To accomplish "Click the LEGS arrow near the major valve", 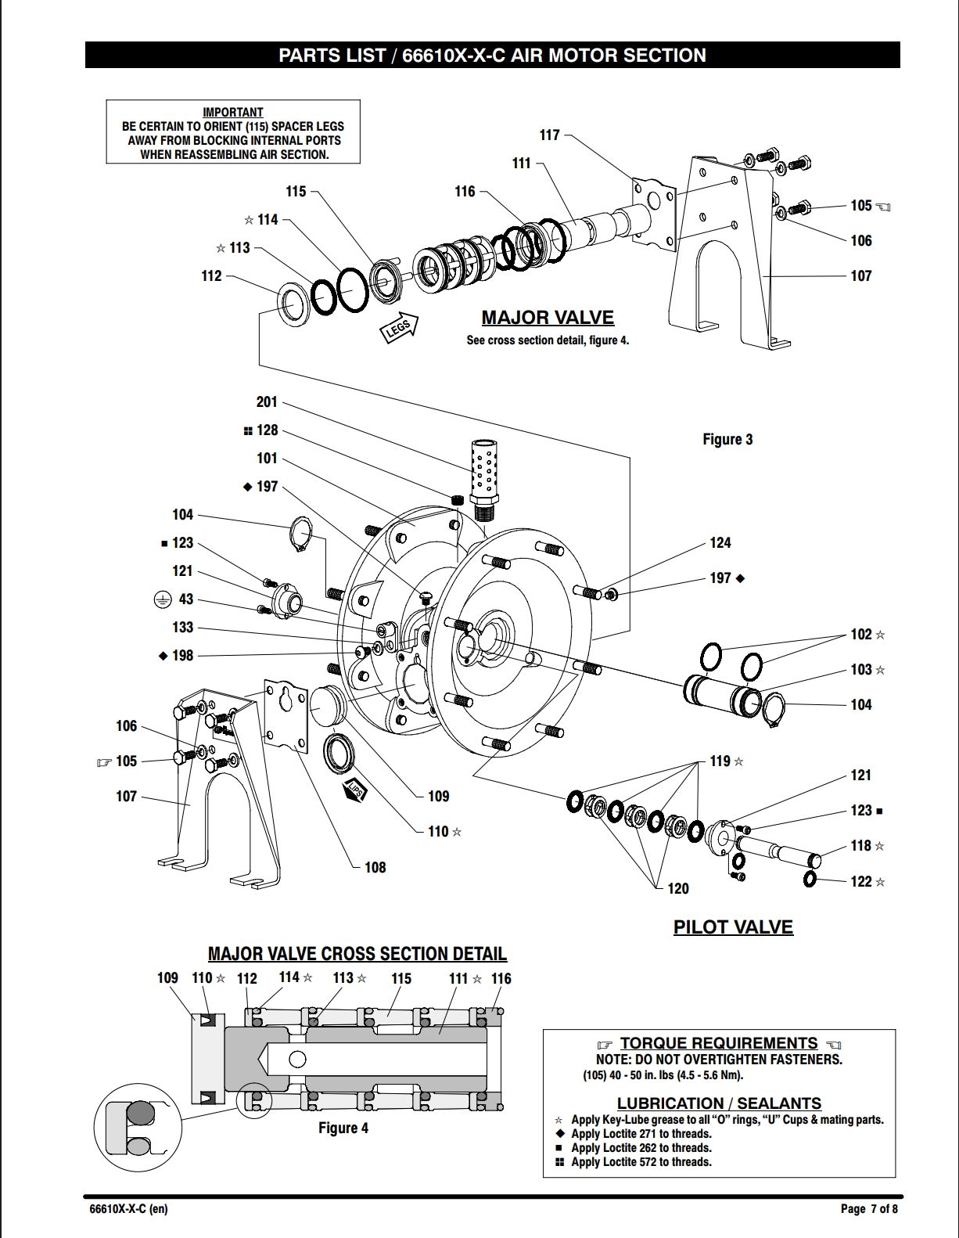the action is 400,328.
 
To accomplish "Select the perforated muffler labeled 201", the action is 484,478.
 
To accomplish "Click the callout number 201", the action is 267,402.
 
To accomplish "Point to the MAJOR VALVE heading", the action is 548,318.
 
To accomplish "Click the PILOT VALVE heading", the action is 733,927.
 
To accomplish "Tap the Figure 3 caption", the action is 727,439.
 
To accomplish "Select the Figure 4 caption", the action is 343,1128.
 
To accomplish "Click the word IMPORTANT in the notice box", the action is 233,112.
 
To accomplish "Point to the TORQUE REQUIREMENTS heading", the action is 719,1043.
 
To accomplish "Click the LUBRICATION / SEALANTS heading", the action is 720,1103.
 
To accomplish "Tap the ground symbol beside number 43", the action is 162,599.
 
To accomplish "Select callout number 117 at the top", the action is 550,135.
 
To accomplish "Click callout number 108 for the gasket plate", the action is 375,868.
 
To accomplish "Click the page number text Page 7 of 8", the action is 869,1207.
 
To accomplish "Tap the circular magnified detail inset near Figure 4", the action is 138,1126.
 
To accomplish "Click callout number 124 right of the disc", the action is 720,543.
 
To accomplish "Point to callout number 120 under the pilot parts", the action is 677,889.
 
